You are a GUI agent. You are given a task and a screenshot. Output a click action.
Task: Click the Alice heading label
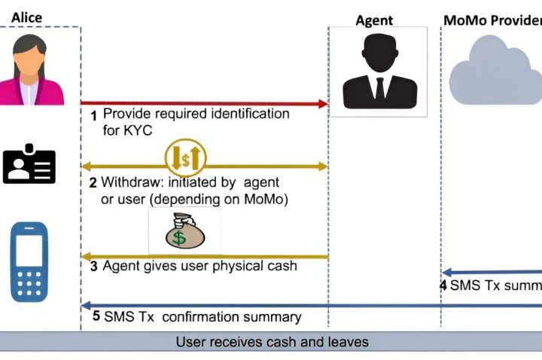[27, 17]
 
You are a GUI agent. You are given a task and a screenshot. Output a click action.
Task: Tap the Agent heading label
[374, 20]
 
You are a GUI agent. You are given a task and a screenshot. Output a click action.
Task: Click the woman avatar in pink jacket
[31, 72]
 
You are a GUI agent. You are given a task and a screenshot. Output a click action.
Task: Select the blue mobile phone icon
[29, 261]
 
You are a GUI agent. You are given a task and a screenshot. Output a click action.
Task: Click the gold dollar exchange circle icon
[185, 157]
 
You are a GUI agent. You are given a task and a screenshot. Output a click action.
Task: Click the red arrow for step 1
[204, 103]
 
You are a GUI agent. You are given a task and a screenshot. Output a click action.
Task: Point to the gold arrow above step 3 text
[204, 257]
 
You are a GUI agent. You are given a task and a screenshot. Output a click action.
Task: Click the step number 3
[94, 267]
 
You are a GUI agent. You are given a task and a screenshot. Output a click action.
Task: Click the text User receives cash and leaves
[272, 342]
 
